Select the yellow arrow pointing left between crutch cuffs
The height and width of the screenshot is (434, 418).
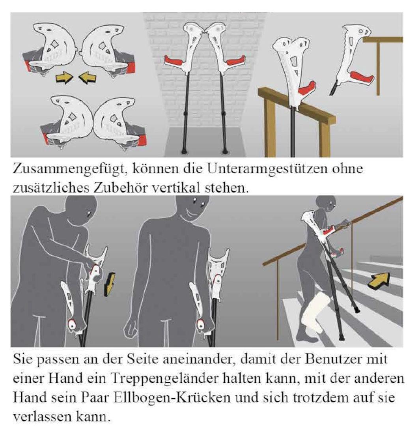pyautogui.click(x=88, y=77)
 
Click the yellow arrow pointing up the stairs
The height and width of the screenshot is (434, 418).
pyautogui.click(x=379, y=280)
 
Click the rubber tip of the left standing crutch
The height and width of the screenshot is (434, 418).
pyautogui.click(x=184, y=152)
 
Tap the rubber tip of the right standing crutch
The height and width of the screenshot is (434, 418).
pyautogui.click(x=226, y=152)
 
